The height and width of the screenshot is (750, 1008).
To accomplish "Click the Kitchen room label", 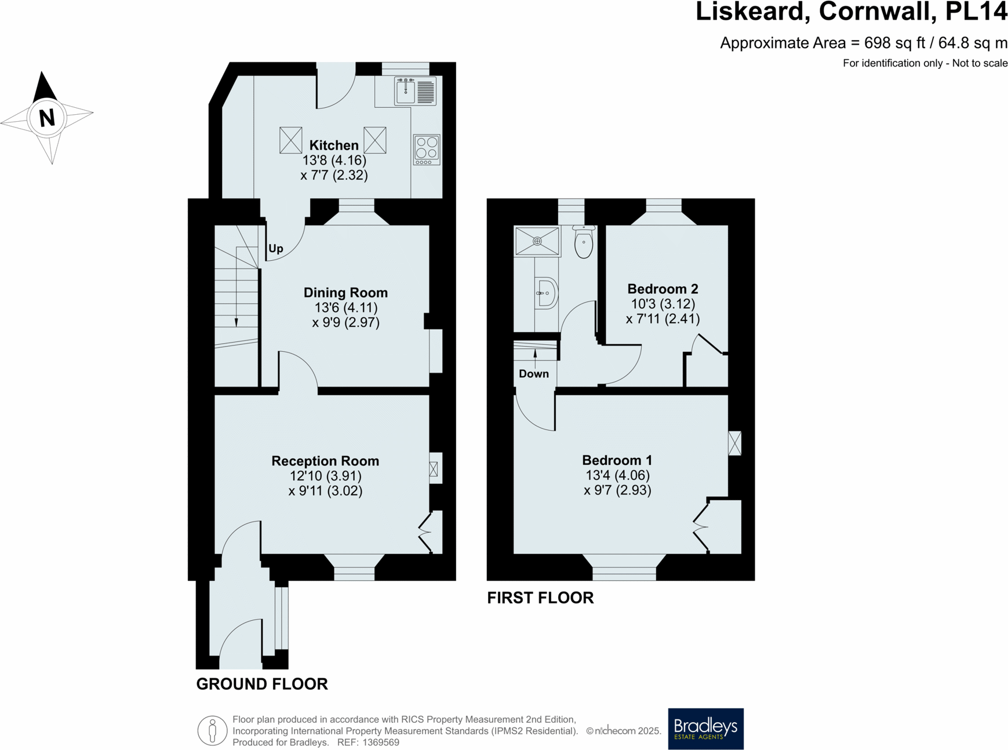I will coord(333,145).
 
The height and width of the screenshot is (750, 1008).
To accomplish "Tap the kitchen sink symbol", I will coord(415,92).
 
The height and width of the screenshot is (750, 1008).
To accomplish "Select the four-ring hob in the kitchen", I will coord(427,150).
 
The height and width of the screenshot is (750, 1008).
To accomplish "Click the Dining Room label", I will coord(345,293).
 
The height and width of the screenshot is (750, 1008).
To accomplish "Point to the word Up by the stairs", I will coord(276,249).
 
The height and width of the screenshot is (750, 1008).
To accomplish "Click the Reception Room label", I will coord(325,461).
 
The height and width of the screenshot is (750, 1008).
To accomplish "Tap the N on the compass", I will coord(46,118).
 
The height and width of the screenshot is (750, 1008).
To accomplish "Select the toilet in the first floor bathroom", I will coord(584,242).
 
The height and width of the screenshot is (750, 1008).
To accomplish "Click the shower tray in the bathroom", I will coord(537,241).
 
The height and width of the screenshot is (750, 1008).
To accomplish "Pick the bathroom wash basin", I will coord(545,293).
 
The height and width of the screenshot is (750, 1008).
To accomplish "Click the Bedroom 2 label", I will coord(663,289).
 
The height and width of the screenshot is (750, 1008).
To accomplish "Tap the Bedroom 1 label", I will coord(617,460).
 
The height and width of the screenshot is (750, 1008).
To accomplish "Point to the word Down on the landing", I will coord(533,374).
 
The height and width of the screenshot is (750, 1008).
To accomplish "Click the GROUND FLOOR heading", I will coord(262,684).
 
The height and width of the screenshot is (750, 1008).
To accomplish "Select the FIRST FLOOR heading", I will coord(540,598).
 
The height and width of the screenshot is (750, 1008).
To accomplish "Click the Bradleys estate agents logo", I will coord(705,729).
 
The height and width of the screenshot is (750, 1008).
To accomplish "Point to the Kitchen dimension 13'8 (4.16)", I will coord(334,160).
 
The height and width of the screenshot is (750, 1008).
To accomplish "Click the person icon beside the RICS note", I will coord(212,730).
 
